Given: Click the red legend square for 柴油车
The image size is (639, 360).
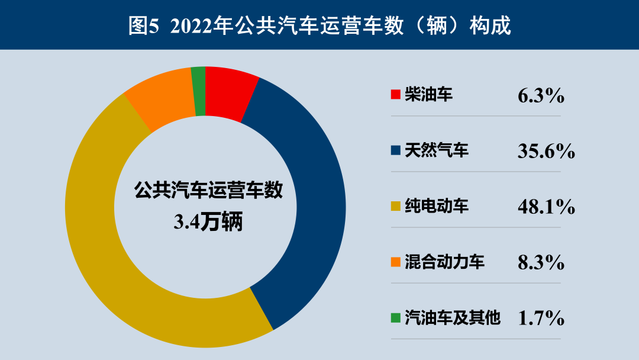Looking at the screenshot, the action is click(x=396, y=95).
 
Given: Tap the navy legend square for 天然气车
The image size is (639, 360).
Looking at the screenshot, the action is click(x=396, y=150).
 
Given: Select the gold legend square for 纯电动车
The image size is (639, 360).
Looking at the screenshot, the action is click(x=396, y=206).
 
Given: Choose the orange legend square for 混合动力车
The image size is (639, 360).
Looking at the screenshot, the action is click(x=396, y=262).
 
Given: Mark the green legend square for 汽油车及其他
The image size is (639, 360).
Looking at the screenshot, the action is click(x=396, y=317).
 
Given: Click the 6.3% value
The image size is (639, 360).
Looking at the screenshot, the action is click(x=541, y=96).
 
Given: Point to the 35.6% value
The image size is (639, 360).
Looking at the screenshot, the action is click(x=546, y=151).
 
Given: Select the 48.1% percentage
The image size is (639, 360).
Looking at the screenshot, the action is click(x=546, y=207).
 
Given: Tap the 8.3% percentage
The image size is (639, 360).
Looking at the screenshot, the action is click(x=541, y=263).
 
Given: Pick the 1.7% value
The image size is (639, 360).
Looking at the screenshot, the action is click(x=541, y=319).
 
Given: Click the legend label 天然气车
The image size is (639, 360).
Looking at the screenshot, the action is click(x=437, y=150).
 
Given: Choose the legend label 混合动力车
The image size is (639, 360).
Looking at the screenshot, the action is click(x=444, y=262).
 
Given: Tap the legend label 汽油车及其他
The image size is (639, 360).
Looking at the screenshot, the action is click(x=453, y=317).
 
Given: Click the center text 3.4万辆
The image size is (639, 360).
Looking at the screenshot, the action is click(x=208, y=222).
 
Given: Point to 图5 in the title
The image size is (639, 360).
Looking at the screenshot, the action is click(x=143, y=26).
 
